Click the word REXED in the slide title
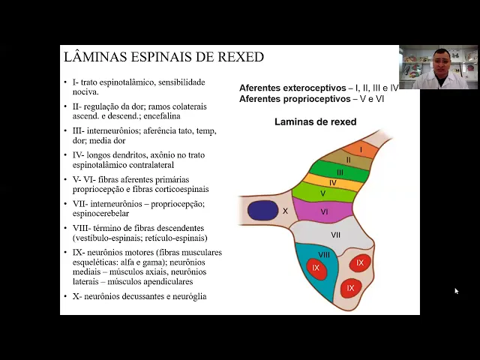coord(239,57)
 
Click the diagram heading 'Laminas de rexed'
coord(315,121)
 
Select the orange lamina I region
coord(361,149)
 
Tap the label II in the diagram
coord(348,160)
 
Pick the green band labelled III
coord(340,172)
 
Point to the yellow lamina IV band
coord(332,182)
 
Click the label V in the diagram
coord(323,193)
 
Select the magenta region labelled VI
coord(324,211)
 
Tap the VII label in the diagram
coord(335,235)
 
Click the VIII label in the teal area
coord(324,255)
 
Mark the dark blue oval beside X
coord(262,211)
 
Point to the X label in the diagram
coord(285,211)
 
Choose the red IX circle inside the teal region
coord(316,268)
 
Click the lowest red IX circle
coord(349,287)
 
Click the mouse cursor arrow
coord(456,291)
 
